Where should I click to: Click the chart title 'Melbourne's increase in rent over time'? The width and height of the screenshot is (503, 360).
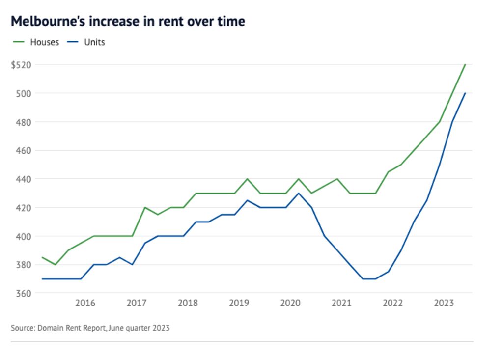click(128, 22)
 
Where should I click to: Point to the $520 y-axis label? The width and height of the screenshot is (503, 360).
click(21, 65)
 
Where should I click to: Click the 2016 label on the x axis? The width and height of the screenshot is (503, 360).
click(85, 303)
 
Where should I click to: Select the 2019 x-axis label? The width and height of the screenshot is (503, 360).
click(239, 303)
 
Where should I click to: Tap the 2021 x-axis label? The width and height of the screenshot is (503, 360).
click(341, 303)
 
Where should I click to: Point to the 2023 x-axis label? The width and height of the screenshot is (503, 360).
click(444, 303)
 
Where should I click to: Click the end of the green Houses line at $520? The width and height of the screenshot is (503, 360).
click(465, 65)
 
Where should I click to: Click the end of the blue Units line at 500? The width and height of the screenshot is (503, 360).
click(465, 93)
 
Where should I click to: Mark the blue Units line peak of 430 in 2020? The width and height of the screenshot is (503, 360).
click(299, 193)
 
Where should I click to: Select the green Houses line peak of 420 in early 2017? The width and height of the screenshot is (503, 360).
click(144, 207)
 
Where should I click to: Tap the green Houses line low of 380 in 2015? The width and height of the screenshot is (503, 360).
click(55, 264)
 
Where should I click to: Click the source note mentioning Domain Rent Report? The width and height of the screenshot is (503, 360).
click(90, 328)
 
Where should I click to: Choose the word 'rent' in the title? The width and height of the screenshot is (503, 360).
click(165, 22)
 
